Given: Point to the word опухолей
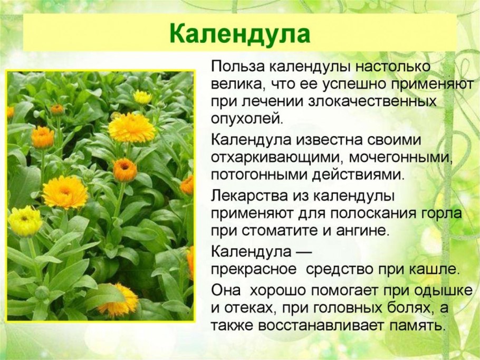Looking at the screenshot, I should [247, 117].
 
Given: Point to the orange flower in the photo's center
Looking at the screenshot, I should [125, 170].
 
